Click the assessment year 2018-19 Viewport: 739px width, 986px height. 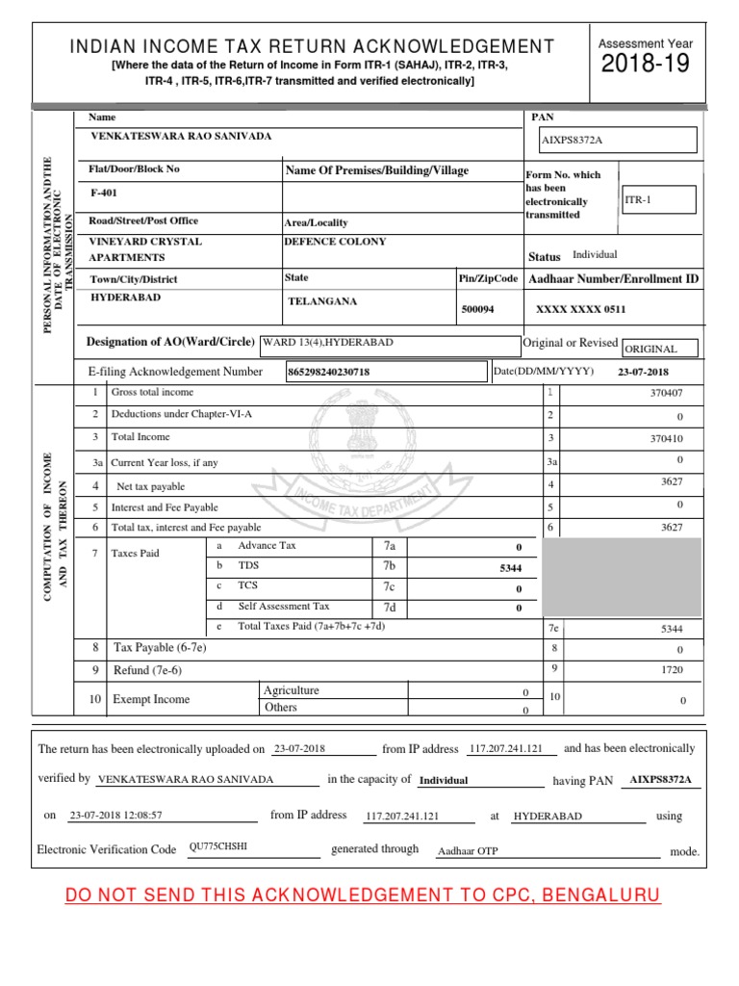(646, 65)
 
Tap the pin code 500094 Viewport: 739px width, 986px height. (478, 310)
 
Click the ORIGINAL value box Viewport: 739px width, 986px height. (659, 349)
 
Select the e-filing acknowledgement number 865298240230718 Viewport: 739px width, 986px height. (330, 372)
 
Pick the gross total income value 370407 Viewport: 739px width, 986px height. (666, 393)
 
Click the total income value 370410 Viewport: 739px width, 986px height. (666, 438)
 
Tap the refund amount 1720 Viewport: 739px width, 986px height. (671, 668)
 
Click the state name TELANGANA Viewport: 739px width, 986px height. (322, 301)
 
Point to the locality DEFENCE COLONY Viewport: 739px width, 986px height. (335, 242)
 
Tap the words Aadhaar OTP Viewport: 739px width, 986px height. (468, 851)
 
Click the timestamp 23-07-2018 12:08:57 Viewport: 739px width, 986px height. (116, 815)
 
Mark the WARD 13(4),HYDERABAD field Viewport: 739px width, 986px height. (327, 342)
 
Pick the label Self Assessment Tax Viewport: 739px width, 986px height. (284, 607)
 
